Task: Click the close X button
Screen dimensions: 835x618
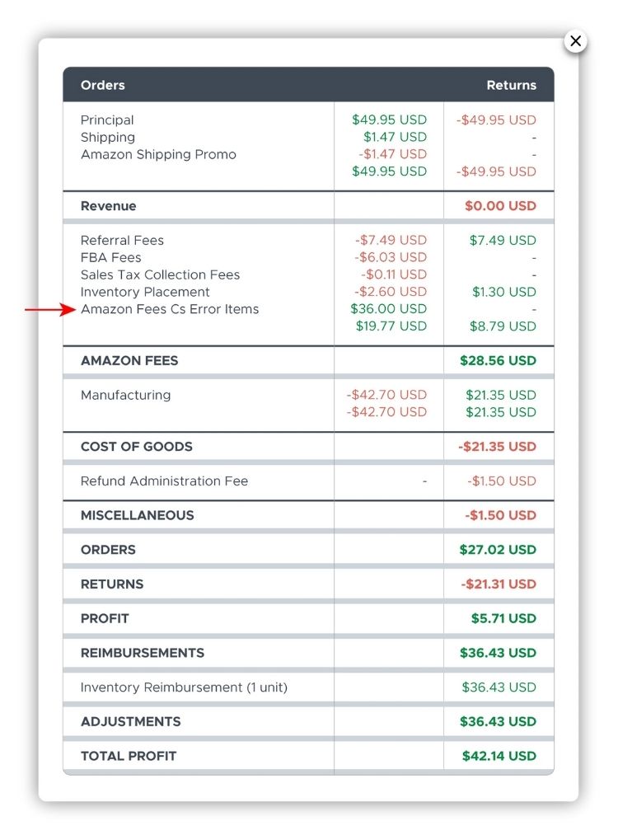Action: pos(575,41)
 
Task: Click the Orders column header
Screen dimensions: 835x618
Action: pos(103,85)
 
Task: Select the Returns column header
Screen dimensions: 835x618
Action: pos(511,85)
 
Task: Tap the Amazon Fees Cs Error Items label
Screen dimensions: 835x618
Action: pos(170,309)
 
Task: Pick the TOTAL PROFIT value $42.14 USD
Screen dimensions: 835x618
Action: pos(498,756)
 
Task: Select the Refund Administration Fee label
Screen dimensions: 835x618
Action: pos(164,481)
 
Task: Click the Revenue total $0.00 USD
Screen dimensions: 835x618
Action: pos(500,206)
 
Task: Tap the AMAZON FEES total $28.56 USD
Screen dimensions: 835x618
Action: pos(498,360)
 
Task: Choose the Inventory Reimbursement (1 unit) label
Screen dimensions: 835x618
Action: pos(184,687)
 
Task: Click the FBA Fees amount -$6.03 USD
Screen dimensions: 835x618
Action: pos(391,257)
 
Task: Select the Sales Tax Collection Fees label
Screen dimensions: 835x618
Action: pos(160,274)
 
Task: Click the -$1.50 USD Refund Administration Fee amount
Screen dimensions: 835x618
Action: pos(502,481)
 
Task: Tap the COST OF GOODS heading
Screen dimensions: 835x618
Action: pos(136,447)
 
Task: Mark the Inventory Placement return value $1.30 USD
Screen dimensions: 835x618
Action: pos(504,292)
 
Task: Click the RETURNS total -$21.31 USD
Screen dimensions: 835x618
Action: pos(499,584)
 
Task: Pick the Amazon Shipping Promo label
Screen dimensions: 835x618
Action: pos(158,154)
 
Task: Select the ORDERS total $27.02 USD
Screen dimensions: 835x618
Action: pos(498,550)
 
